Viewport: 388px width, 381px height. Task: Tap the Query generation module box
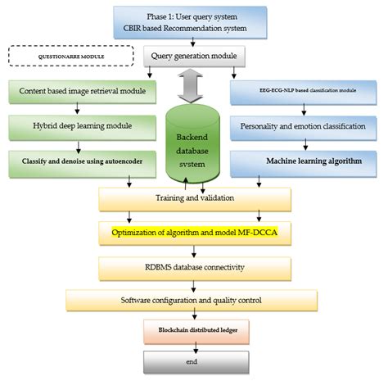[194, 56]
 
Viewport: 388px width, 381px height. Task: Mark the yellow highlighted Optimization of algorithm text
[176, 233]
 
